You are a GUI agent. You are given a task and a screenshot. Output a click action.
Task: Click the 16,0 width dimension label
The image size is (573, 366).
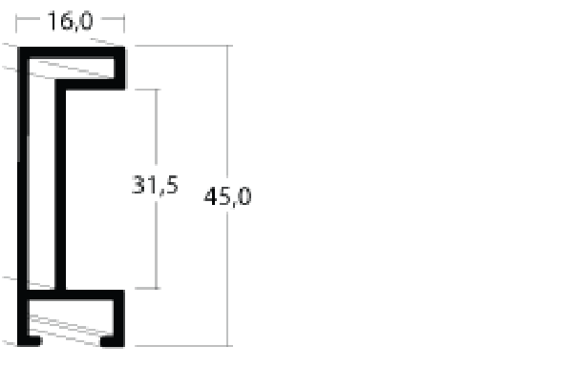[x=70, y=21]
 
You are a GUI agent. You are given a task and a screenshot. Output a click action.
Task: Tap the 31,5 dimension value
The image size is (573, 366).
[x=155, y=185]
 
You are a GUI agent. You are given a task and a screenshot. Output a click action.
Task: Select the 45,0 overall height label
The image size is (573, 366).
[x=227, y=196]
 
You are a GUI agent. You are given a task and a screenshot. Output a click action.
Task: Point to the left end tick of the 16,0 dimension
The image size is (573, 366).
[x=16, y=23]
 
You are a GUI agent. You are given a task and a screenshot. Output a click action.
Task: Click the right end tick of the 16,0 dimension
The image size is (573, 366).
[x=124, y=23]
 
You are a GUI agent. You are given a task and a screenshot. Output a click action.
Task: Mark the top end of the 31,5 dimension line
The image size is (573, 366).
[x=157, y=90]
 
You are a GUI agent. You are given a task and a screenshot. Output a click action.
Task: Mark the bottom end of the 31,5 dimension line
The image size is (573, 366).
[x=157, y=289]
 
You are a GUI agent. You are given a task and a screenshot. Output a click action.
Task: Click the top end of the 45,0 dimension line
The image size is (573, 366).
[x=227, y=46]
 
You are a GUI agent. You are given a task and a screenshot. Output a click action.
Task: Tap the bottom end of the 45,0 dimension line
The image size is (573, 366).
[x=227, y=346]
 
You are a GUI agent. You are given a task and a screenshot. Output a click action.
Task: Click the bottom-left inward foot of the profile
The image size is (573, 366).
[x=34, y=341]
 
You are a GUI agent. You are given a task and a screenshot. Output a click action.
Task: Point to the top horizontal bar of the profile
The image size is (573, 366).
[x=72, y=52]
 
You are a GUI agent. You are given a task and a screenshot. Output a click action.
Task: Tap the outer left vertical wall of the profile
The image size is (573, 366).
[x=23, y=197]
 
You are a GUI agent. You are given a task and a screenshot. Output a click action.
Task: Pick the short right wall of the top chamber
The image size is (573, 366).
[x=120, y=69]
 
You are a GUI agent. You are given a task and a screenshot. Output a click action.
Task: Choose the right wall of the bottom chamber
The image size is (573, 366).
[x=119, y=318]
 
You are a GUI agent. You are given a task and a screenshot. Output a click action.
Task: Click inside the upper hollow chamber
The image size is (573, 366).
[x=72, y=69]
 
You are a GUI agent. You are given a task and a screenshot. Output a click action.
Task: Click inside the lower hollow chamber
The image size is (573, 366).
[x=71, y=317]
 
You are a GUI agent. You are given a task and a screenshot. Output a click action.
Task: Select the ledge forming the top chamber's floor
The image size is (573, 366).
[x=90, y=84]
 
